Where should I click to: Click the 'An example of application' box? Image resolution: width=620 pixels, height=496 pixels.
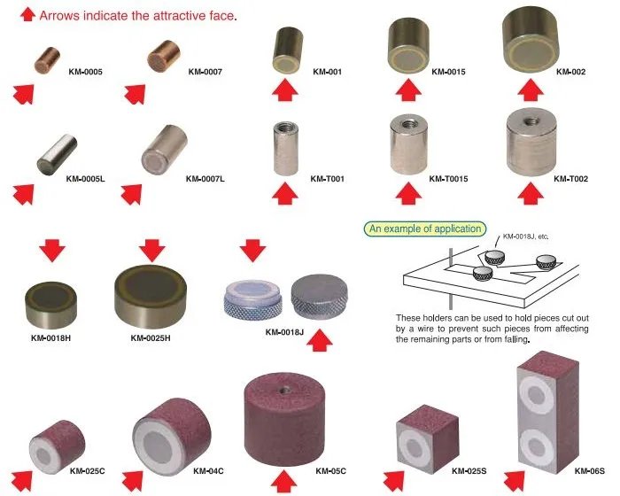click(x=424, y=229)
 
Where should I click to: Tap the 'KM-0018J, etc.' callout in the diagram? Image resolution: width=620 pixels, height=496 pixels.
click(x=526, y=237)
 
